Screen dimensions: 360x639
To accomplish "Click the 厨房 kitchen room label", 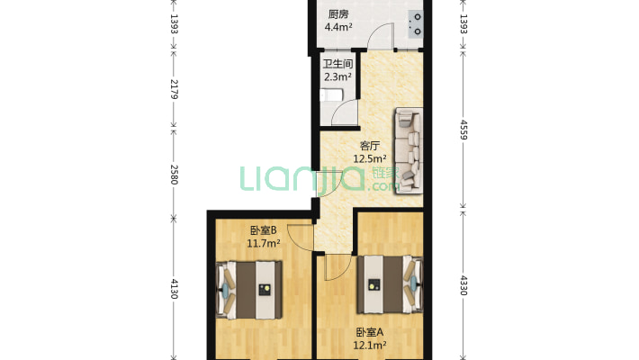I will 338,14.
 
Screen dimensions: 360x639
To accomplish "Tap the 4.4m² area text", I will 339,27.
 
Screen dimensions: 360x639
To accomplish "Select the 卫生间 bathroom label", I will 337,64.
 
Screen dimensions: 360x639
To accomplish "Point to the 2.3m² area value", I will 337,76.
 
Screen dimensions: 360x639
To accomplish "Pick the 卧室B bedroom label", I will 264,229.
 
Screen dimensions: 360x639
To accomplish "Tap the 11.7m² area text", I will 264,242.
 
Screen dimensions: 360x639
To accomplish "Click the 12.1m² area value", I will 370,344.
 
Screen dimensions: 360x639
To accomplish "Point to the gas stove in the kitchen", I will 416,23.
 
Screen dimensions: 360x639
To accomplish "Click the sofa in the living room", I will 409,149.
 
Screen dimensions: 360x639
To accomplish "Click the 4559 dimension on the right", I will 463,127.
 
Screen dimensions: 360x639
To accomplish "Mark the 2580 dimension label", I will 174,171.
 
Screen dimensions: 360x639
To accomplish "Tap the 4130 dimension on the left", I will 174,290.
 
